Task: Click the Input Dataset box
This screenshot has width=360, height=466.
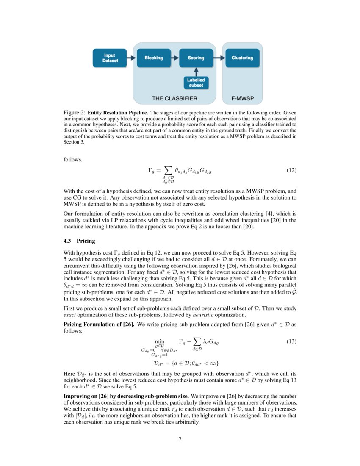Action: pos(110,58)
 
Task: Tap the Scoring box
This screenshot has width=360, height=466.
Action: pos(196,58)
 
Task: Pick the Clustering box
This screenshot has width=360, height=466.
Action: pos(242,58)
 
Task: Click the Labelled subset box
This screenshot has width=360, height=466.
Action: pos(196,83)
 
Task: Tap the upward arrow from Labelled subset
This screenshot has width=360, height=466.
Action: pos(196,72)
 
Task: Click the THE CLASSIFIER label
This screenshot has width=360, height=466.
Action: pos(174,99)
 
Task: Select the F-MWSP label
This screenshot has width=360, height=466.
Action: pos(242,99)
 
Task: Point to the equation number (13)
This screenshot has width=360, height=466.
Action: pos(291,341)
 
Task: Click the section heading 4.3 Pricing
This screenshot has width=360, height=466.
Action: pos(79,241)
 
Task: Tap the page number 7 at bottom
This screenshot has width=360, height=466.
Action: pos(180,439)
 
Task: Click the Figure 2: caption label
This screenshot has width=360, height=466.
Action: pos(74,113)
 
